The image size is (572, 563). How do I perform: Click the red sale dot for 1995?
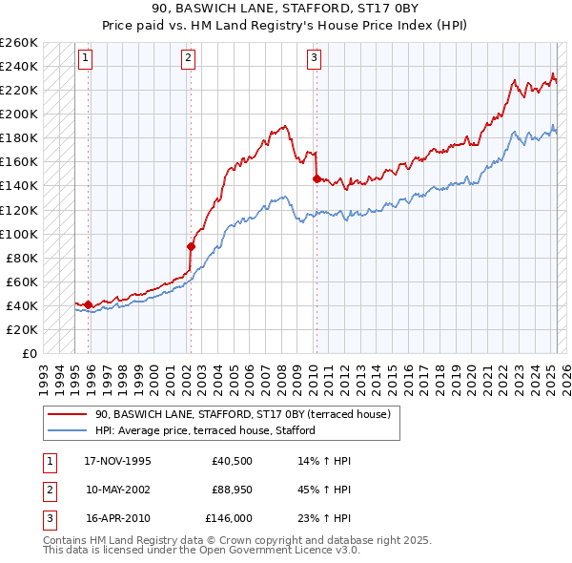(89, 304)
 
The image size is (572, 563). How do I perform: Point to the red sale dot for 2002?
(191, 246)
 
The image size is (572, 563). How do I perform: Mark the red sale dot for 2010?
(316, 178)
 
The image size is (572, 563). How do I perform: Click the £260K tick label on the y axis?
(19, 43)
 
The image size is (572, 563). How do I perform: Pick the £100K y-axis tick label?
(19, 234)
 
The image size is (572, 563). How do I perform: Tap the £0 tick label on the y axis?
(30, 353)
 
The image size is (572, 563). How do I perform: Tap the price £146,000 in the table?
(229, 520)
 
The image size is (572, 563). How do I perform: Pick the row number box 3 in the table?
(47, 520)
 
